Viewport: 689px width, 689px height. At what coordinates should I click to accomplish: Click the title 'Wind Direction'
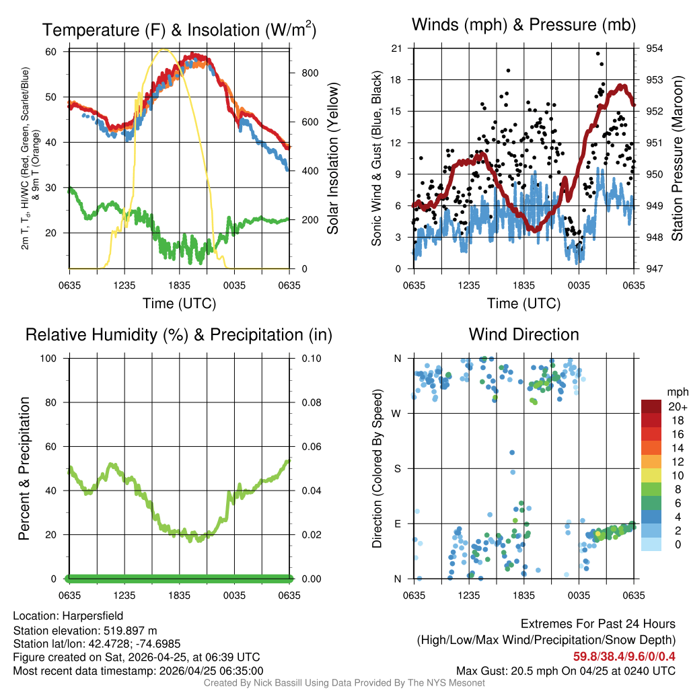tap(523, 334)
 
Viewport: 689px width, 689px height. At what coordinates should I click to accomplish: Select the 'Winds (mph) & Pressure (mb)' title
tap(523, 25)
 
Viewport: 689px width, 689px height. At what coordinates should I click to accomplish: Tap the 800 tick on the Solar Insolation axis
tap(304, 73)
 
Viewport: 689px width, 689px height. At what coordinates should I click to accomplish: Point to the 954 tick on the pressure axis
tap(655, 48)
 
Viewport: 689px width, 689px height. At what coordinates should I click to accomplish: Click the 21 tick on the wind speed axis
tap(397, 48)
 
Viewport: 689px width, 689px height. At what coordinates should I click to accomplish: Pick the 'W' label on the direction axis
tap(397, 413)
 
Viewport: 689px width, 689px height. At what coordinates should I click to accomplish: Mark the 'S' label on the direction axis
tap(397, 468)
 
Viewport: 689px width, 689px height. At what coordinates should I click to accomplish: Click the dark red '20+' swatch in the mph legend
tap(651, 406)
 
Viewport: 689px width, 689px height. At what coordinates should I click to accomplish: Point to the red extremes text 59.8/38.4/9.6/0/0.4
tap(624, 656)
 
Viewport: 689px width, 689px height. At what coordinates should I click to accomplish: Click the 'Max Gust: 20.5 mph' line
tap(566, 670)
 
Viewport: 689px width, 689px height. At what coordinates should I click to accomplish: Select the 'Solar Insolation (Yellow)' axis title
tap(332, 159)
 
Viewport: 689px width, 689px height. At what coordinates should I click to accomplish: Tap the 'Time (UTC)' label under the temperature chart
tap(179, 303)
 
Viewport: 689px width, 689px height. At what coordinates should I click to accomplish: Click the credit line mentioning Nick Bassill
tap(344, 683)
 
